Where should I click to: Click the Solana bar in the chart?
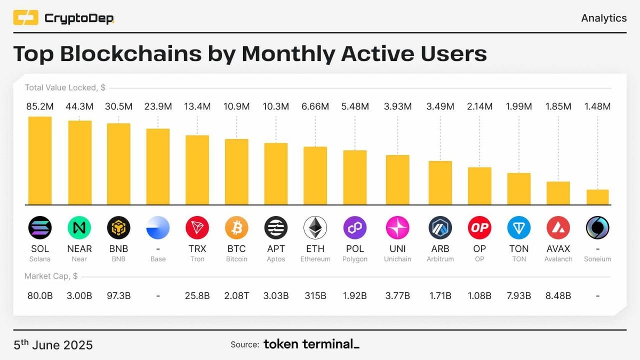(x=40, y=160)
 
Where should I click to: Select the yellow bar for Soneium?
(x=597, y=197)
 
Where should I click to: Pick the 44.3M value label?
(x=79, y=107)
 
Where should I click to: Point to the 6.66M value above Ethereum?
(x=315, y=107)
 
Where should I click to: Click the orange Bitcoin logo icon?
(x=237, y=228)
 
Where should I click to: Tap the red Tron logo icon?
(x=197, y=228)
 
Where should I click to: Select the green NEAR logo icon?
(x=79, y=228)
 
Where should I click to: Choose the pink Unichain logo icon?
(x=397, y=228)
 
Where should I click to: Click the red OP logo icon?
(x=479, y=228)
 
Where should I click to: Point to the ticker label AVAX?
(x=558, y=249)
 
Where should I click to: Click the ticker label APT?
(x=276, y=249)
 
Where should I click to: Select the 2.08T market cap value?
(x=237, y=295)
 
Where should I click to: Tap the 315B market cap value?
(x=315, y=295)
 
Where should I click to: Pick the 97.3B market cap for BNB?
(x=118, y=295)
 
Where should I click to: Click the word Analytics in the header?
(x=604, y=18)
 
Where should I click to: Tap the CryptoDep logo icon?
(x=26, y=18)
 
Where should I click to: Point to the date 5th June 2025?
(x=53, y=345)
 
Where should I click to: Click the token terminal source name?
(x=311, y=345)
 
